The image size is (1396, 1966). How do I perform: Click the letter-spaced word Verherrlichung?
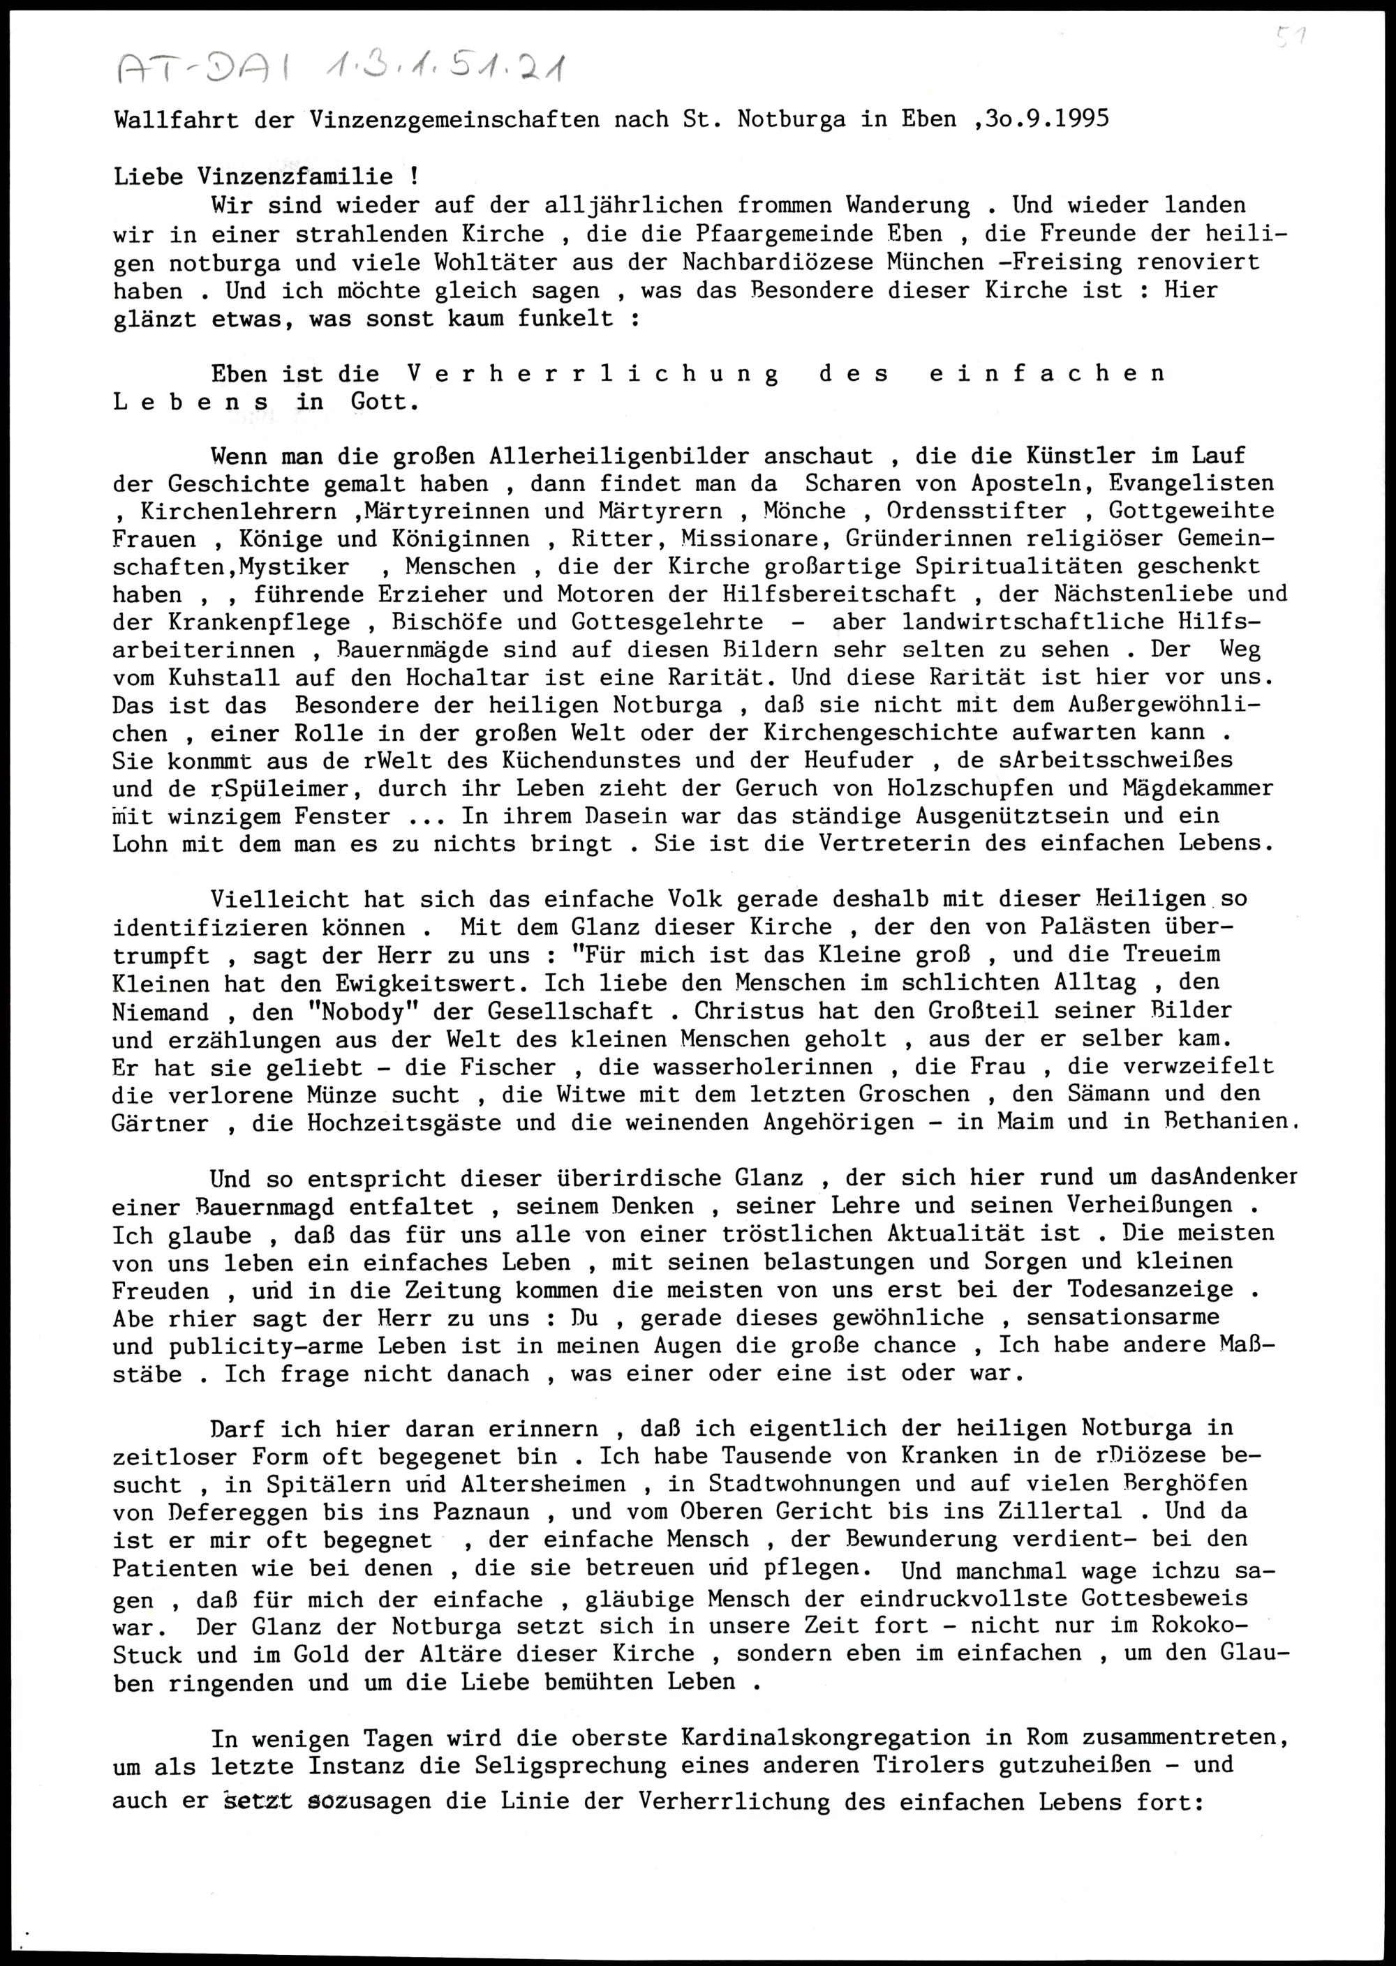[593, 374]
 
